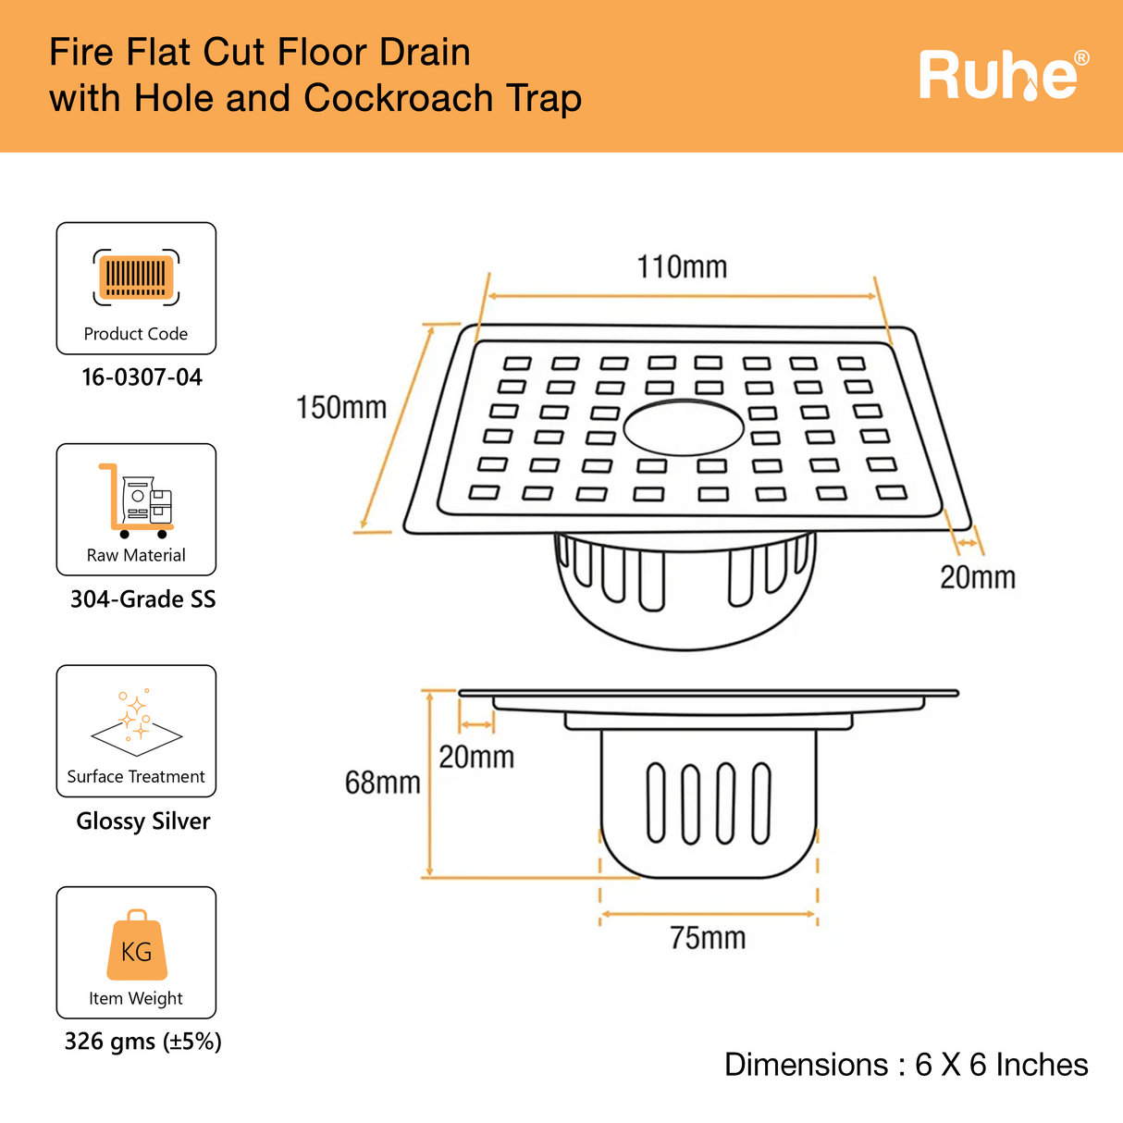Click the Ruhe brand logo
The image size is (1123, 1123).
tap(997, 76)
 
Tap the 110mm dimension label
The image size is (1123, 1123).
tap(682, 267)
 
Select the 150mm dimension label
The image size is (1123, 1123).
tap(341, 408)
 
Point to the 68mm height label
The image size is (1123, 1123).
tap(382, 784)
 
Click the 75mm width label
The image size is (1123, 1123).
tap(708, 938)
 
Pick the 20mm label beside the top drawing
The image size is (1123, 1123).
tap(978, 578)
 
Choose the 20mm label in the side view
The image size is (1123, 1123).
tap(476, 758)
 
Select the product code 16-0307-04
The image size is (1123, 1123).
tap(142, 377)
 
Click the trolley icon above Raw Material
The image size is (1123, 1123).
tap(136, 500)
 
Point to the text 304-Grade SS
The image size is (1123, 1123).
tap(143, 599)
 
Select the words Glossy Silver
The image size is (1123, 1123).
tap(143, 821)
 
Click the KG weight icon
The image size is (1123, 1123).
tap(137, 946)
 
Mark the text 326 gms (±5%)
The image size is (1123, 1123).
tap(143, 1043)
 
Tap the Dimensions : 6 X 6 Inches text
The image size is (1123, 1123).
tap(906, 1065)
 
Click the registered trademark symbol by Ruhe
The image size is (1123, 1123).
tap(1080, 59)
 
